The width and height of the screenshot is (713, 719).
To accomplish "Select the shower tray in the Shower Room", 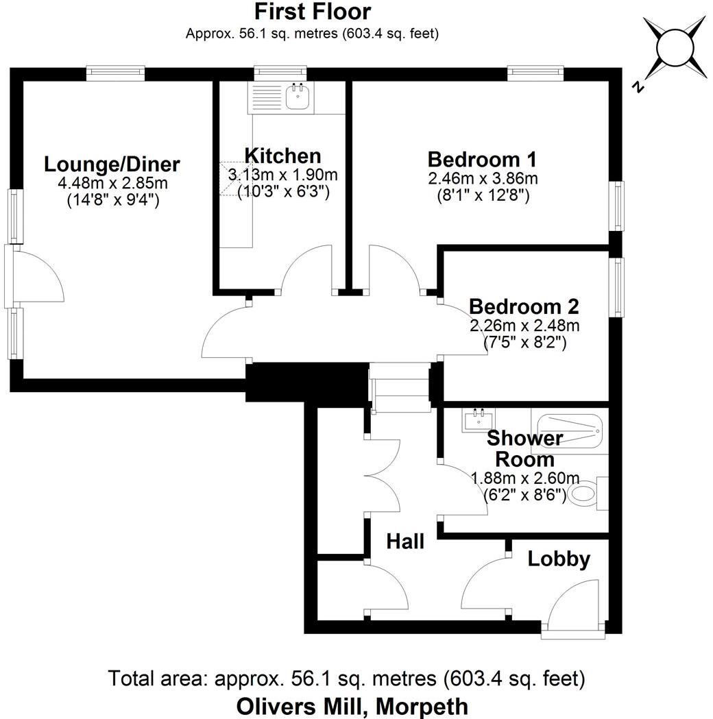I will coord(569,432).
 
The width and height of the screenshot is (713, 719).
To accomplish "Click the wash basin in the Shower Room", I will coord(477,419).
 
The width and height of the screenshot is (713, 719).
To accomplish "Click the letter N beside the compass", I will coord(638,87).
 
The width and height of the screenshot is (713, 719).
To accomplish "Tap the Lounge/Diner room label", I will coord(112,164).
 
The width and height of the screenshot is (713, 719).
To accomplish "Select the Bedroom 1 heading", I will coord(482,159).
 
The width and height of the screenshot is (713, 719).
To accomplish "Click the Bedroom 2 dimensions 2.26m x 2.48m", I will coord(524,325).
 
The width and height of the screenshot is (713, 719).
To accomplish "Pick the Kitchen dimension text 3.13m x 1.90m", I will coord(283,175).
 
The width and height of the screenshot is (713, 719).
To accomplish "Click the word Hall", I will coord(405,541).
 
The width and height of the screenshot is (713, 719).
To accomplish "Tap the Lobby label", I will coord(559,559).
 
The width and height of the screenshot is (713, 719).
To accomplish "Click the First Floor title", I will coord(313,12).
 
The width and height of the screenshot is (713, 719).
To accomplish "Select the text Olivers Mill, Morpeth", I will coord(352,705).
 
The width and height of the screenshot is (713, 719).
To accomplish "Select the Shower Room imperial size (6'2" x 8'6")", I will coord(524,494).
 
